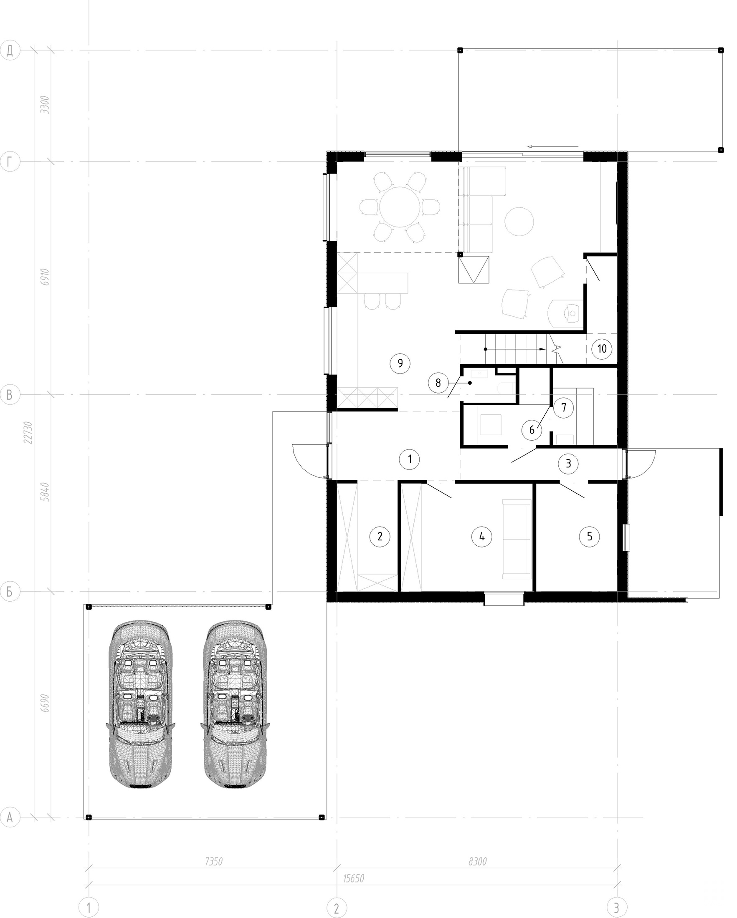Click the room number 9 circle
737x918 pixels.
click(400, 363)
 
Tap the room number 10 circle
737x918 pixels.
click(602, 349)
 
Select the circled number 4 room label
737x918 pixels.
click(481, 536)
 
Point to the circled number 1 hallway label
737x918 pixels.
click(409, 459)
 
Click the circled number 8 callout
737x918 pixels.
click(438, 383)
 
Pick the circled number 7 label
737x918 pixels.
click(564, 408)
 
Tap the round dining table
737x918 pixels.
click(399, 207)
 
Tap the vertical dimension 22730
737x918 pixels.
click(28, 433)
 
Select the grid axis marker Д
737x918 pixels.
click(10, 50)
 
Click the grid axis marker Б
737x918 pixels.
click(10, 591)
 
